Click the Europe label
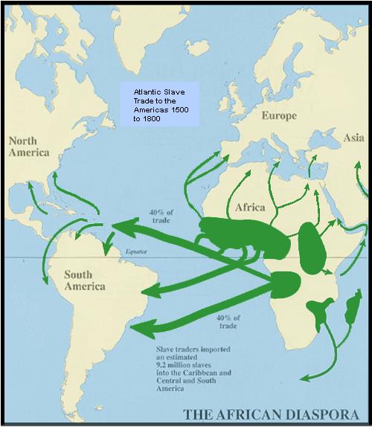(278, 116)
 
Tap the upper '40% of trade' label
(155, 215)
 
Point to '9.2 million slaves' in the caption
(182, 365)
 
